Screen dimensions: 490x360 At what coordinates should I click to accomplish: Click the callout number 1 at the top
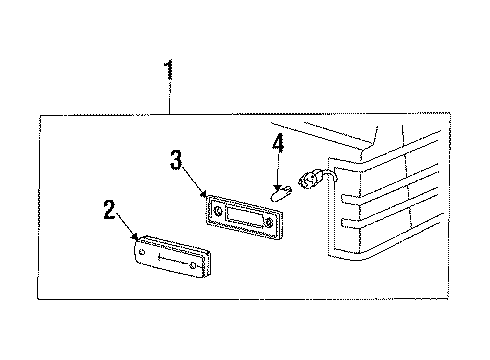click(x=169, y=69)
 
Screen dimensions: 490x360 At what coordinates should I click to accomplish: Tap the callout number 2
click(x=110, y=210)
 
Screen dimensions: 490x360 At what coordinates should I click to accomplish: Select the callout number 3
click(x=176, y=160)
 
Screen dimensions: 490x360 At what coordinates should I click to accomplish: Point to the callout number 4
click(x=278, y=143)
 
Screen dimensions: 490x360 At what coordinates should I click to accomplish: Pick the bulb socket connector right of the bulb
click(x=310, y=179)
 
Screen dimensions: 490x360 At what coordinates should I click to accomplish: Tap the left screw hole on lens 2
click(x=142, y=252)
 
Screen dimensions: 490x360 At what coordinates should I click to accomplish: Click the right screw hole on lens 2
click(x=193, y=265)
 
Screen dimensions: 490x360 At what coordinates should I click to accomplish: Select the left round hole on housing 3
click(x=218, y=211)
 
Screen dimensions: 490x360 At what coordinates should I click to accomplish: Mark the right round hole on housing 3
click(x=269, y=222)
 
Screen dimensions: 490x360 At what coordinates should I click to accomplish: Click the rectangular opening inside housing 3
click(x=243, y=216)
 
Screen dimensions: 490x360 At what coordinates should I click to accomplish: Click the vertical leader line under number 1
click(x=170, y=97)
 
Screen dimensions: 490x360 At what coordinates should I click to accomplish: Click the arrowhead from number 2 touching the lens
click(x=135, y=236)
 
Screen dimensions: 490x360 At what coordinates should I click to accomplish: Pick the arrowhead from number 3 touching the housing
click(x=203, y=194)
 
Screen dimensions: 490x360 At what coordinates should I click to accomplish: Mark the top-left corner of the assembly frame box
click(x=40, y=116)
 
